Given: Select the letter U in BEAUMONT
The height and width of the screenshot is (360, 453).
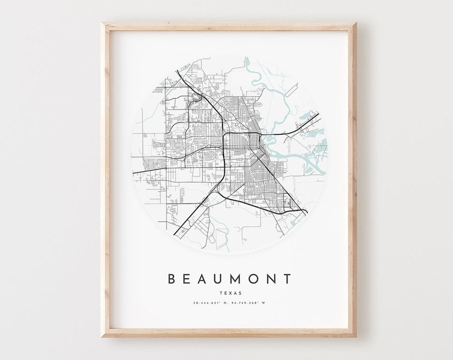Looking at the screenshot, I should click(219, 279).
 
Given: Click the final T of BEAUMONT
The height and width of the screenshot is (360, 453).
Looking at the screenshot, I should click(288, 279).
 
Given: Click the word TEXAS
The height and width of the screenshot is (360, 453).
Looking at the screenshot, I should click(230, 293).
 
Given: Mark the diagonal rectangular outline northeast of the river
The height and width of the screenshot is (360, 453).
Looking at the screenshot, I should click(290, 91).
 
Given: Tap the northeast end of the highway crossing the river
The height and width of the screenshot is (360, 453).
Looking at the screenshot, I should click(318, 115).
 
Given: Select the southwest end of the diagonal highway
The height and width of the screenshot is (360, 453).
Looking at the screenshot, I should click(175, 234).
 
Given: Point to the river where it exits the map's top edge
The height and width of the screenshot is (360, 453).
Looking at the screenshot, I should click(246, 58).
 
